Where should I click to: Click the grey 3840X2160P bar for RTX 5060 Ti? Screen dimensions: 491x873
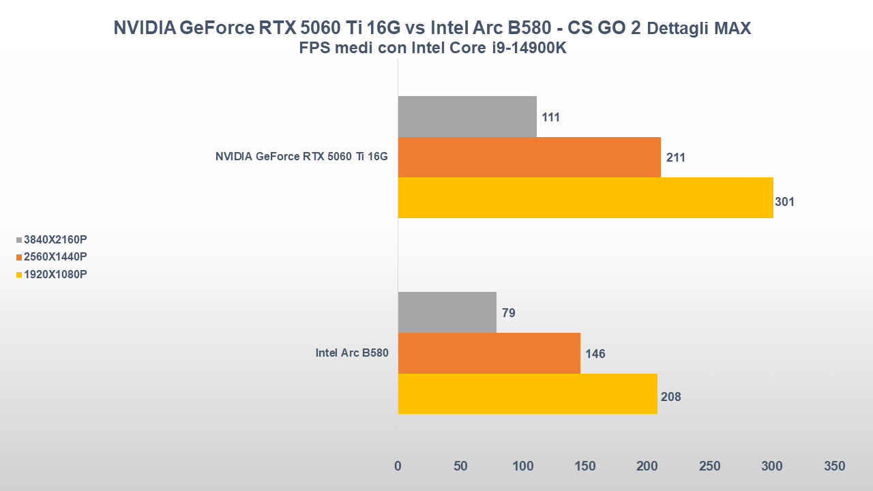[x=467, y=117]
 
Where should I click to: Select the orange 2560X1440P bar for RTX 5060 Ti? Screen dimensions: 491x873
[x=529, y=157]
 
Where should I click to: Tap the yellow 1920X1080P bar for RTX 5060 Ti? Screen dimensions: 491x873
[x=585, y=198]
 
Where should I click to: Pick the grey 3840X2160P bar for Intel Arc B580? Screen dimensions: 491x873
[x=447, y=312]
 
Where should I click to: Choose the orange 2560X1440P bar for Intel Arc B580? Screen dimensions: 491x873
[x=489, y=353]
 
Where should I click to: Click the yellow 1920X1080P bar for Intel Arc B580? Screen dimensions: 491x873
[x=527, y=393]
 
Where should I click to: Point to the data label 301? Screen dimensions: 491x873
[x=784, y=202]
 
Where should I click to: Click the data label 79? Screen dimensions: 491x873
[x=508, y=313]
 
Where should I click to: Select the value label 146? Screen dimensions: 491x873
[x=595, y=354]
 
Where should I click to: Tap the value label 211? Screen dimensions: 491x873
[x=675, y=158]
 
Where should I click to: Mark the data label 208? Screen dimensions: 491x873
[x=670, y=396]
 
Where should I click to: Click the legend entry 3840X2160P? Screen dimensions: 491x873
[x=55, y=239]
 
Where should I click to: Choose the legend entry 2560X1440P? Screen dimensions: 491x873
[x=55, y=256]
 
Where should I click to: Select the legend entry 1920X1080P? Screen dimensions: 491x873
[x=55, y=274]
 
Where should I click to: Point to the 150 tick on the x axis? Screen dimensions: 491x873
[x=585, y=466]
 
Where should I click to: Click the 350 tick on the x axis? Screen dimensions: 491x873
[x=834, y=466]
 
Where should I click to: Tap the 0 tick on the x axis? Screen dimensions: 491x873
[x=398, y=466]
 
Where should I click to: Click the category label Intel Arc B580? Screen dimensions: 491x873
[x=351, y=353]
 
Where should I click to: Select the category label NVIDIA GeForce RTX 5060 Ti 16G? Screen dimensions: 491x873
[x=301, y=157]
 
